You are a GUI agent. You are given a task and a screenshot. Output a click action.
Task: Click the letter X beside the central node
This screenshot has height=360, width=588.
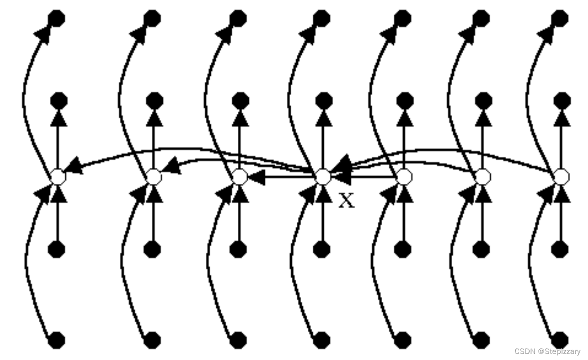(x=346, y=200)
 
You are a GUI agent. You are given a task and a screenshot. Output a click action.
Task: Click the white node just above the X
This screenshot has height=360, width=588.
(x=323, y=176)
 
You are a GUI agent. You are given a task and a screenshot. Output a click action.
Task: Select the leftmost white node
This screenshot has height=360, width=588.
(x=57, y=176)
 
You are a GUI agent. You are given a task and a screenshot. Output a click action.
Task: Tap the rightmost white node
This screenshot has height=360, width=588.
(x=562, y=176)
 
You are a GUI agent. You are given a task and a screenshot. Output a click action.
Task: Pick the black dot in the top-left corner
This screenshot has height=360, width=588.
(x=56, y=19)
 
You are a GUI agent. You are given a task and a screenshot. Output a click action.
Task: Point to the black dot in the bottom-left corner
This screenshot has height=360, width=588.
(x=56, y=340)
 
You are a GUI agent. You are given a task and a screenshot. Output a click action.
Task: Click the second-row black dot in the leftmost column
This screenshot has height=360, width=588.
(x=58, y=100)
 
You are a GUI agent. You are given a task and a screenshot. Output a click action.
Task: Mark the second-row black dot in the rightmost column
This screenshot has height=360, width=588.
(x=563, y=100)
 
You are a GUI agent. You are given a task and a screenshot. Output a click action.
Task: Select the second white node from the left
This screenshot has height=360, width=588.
(x=154, y=176)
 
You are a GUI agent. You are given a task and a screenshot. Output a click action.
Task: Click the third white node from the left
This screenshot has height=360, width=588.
(x=240, y=176)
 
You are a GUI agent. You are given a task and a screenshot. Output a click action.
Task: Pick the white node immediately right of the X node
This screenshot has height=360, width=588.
(x=404, y=176)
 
